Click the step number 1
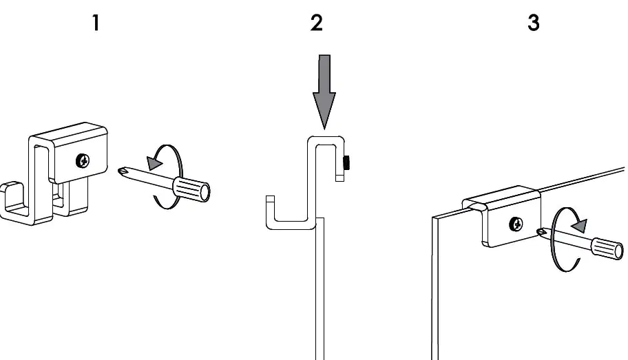[96, 23]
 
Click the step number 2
[316, 23]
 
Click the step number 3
[534, 23]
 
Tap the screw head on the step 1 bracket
[83, 161]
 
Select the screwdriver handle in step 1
[191, 187]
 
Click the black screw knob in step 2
[346, 162]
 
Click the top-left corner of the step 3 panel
[435, 218]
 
